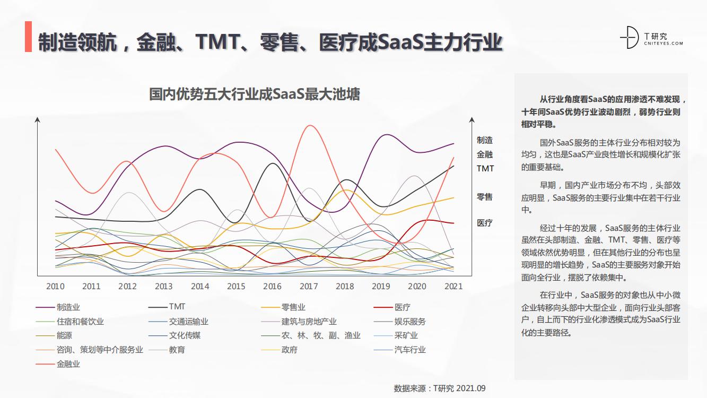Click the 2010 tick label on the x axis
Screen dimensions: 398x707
(55, 287)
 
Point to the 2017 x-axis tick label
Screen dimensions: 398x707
(309, 287)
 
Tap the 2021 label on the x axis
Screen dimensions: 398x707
(453, 287)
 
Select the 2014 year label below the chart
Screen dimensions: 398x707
(200, 287)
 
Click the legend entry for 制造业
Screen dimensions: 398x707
(68, 307)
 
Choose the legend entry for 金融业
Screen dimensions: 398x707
(68, 365)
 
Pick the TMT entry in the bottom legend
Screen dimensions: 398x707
(177, 307)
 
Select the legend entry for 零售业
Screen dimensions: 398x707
(293, 307)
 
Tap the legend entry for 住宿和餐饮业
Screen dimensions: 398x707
(80, 322)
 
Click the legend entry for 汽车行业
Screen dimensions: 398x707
(409, 350)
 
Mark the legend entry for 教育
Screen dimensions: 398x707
(177, 350)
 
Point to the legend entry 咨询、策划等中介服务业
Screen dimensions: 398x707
(100, 350)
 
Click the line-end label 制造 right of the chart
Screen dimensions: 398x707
(485, 140)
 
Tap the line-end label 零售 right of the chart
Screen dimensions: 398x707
(485, 197)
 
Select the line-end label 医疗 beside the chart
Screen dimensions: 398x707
(485, 223)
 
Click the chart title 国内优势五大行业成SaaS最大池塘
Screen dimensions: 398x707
(255, 94)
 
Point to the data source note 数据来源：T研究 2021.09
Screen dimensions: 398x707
(440, 388)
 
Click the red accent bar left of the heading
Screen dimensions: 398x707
(28, 38)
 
